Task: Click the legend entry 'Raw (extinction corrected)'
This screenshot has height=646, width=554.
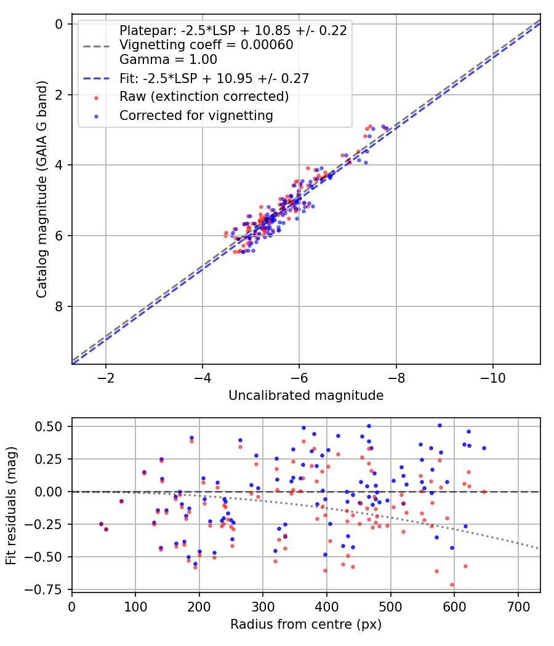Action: pos(204,97)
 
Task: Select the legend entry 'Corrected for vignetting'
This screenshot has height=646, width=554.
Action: pos(196,115)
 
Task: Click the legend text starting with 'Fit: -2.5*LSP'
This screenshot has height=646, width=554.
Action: pos(214,78)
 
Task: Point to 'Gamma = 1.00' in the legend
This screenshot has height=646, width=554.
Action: pos(168,60)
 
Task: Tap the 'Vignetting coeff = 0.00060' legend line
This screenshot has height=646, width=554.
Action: pos(206,45)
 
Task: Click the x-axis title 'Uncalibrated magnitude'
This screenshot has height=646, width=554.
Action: pos(306,396)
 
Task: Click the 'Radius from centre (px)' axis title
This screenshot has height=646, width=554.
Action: pos(306,624)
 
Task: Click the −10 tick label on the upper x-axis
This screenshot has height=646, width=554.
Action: pos(492,377)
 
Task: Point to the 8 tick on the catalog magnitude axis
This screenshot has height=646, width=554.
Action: pos(60,306)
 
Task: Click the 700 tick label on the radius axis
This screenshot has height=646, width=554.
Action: pos(518,606)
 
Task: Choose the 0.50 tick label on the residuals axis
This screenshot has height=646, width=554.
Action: pos(52,426)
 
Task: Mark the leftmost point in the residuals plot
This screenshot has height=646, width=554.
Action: pos(101,524)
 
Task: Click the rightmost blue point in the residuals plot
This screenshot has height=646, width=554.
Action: pos(484,448)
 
